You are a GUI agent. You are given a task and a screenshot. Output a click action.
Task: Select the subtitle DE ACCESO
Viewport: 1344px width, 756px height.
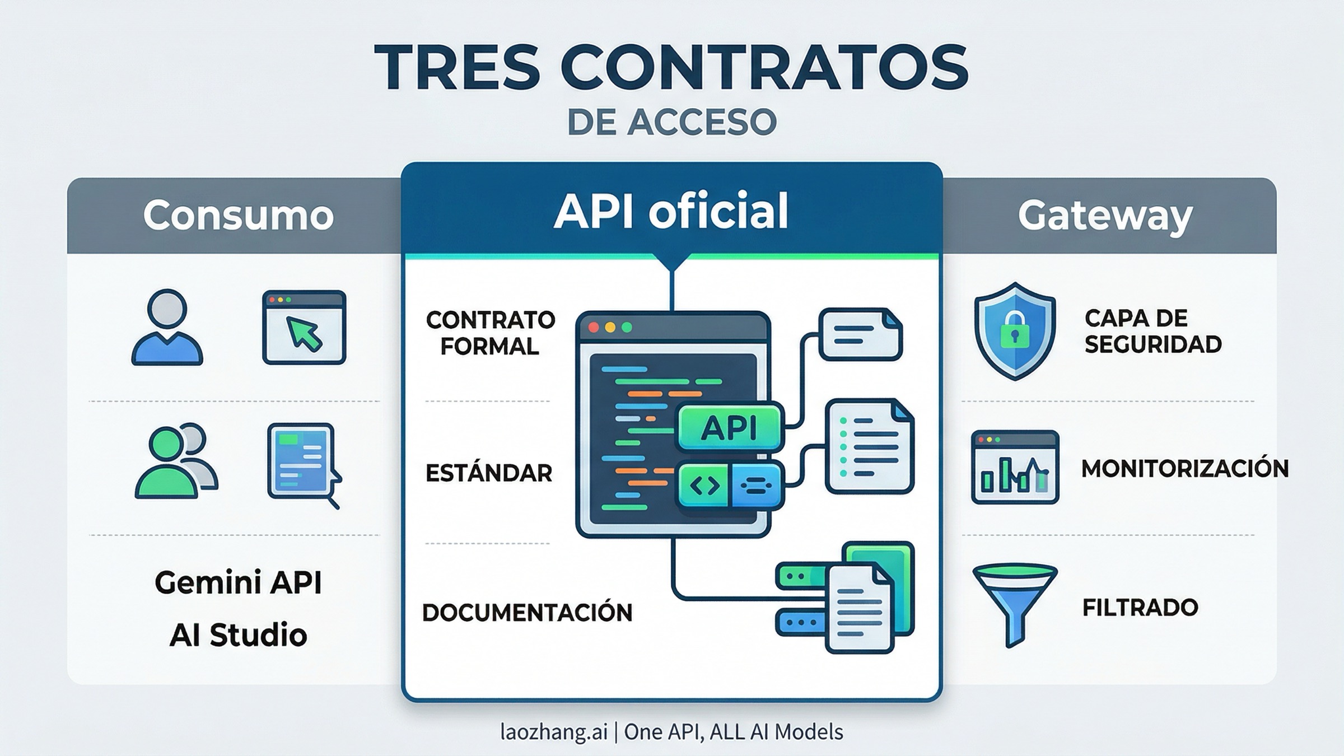click(671, 122)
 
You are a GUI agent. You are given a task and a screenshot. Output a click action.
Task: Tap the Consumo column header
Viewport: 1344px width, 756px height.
click(238, 215)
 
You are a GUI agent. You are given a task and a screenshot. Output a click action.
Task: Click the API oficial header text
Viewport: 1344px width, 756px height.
click(671, 211)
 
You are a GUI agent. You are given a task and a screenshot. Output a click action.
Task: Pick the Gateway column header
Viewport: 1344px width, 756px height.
click(1105, 216)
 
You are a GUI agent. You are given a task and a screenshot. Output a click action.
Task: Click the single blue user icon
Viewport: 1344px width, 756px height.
click(167, 328)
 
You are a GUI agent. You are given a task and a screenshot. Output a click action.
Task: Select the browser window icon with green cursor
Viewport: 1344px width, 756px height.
click(304, 328)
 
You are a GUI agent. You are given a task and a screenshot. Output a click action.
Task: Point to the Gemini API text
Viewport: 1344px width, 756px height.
click(238, 582)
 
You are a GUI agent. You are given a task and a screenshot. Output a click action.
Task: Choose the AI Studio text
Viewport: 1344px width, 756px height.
click(238, 634)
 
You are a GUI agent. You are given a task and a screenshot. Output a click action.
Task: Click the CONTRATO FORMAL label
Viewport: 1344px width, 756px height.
click(490, 333)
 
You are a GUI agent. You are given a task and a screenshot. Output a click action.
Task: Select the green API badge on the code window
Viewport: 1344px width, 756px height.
click(729, 428)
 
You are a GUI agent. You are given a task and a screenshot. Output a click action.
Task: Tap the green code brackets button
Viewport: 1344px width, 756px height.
click(704, 486)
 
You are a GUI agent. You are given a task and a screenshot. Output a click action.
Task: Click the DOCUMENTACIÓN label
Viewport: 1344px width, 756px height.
click(527, 613)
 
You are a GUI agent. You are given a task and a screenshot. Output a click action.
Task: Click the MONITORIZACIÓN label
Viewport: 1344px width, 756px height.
click(1184, 469)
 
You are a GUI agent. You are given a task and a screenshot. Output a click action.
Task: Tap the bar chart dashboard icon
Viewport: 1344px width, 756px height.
click(1014, 468)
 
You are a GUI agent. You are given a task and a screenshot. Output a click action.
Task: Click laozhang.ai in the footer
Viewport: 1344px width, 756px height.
click(553, 732)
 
